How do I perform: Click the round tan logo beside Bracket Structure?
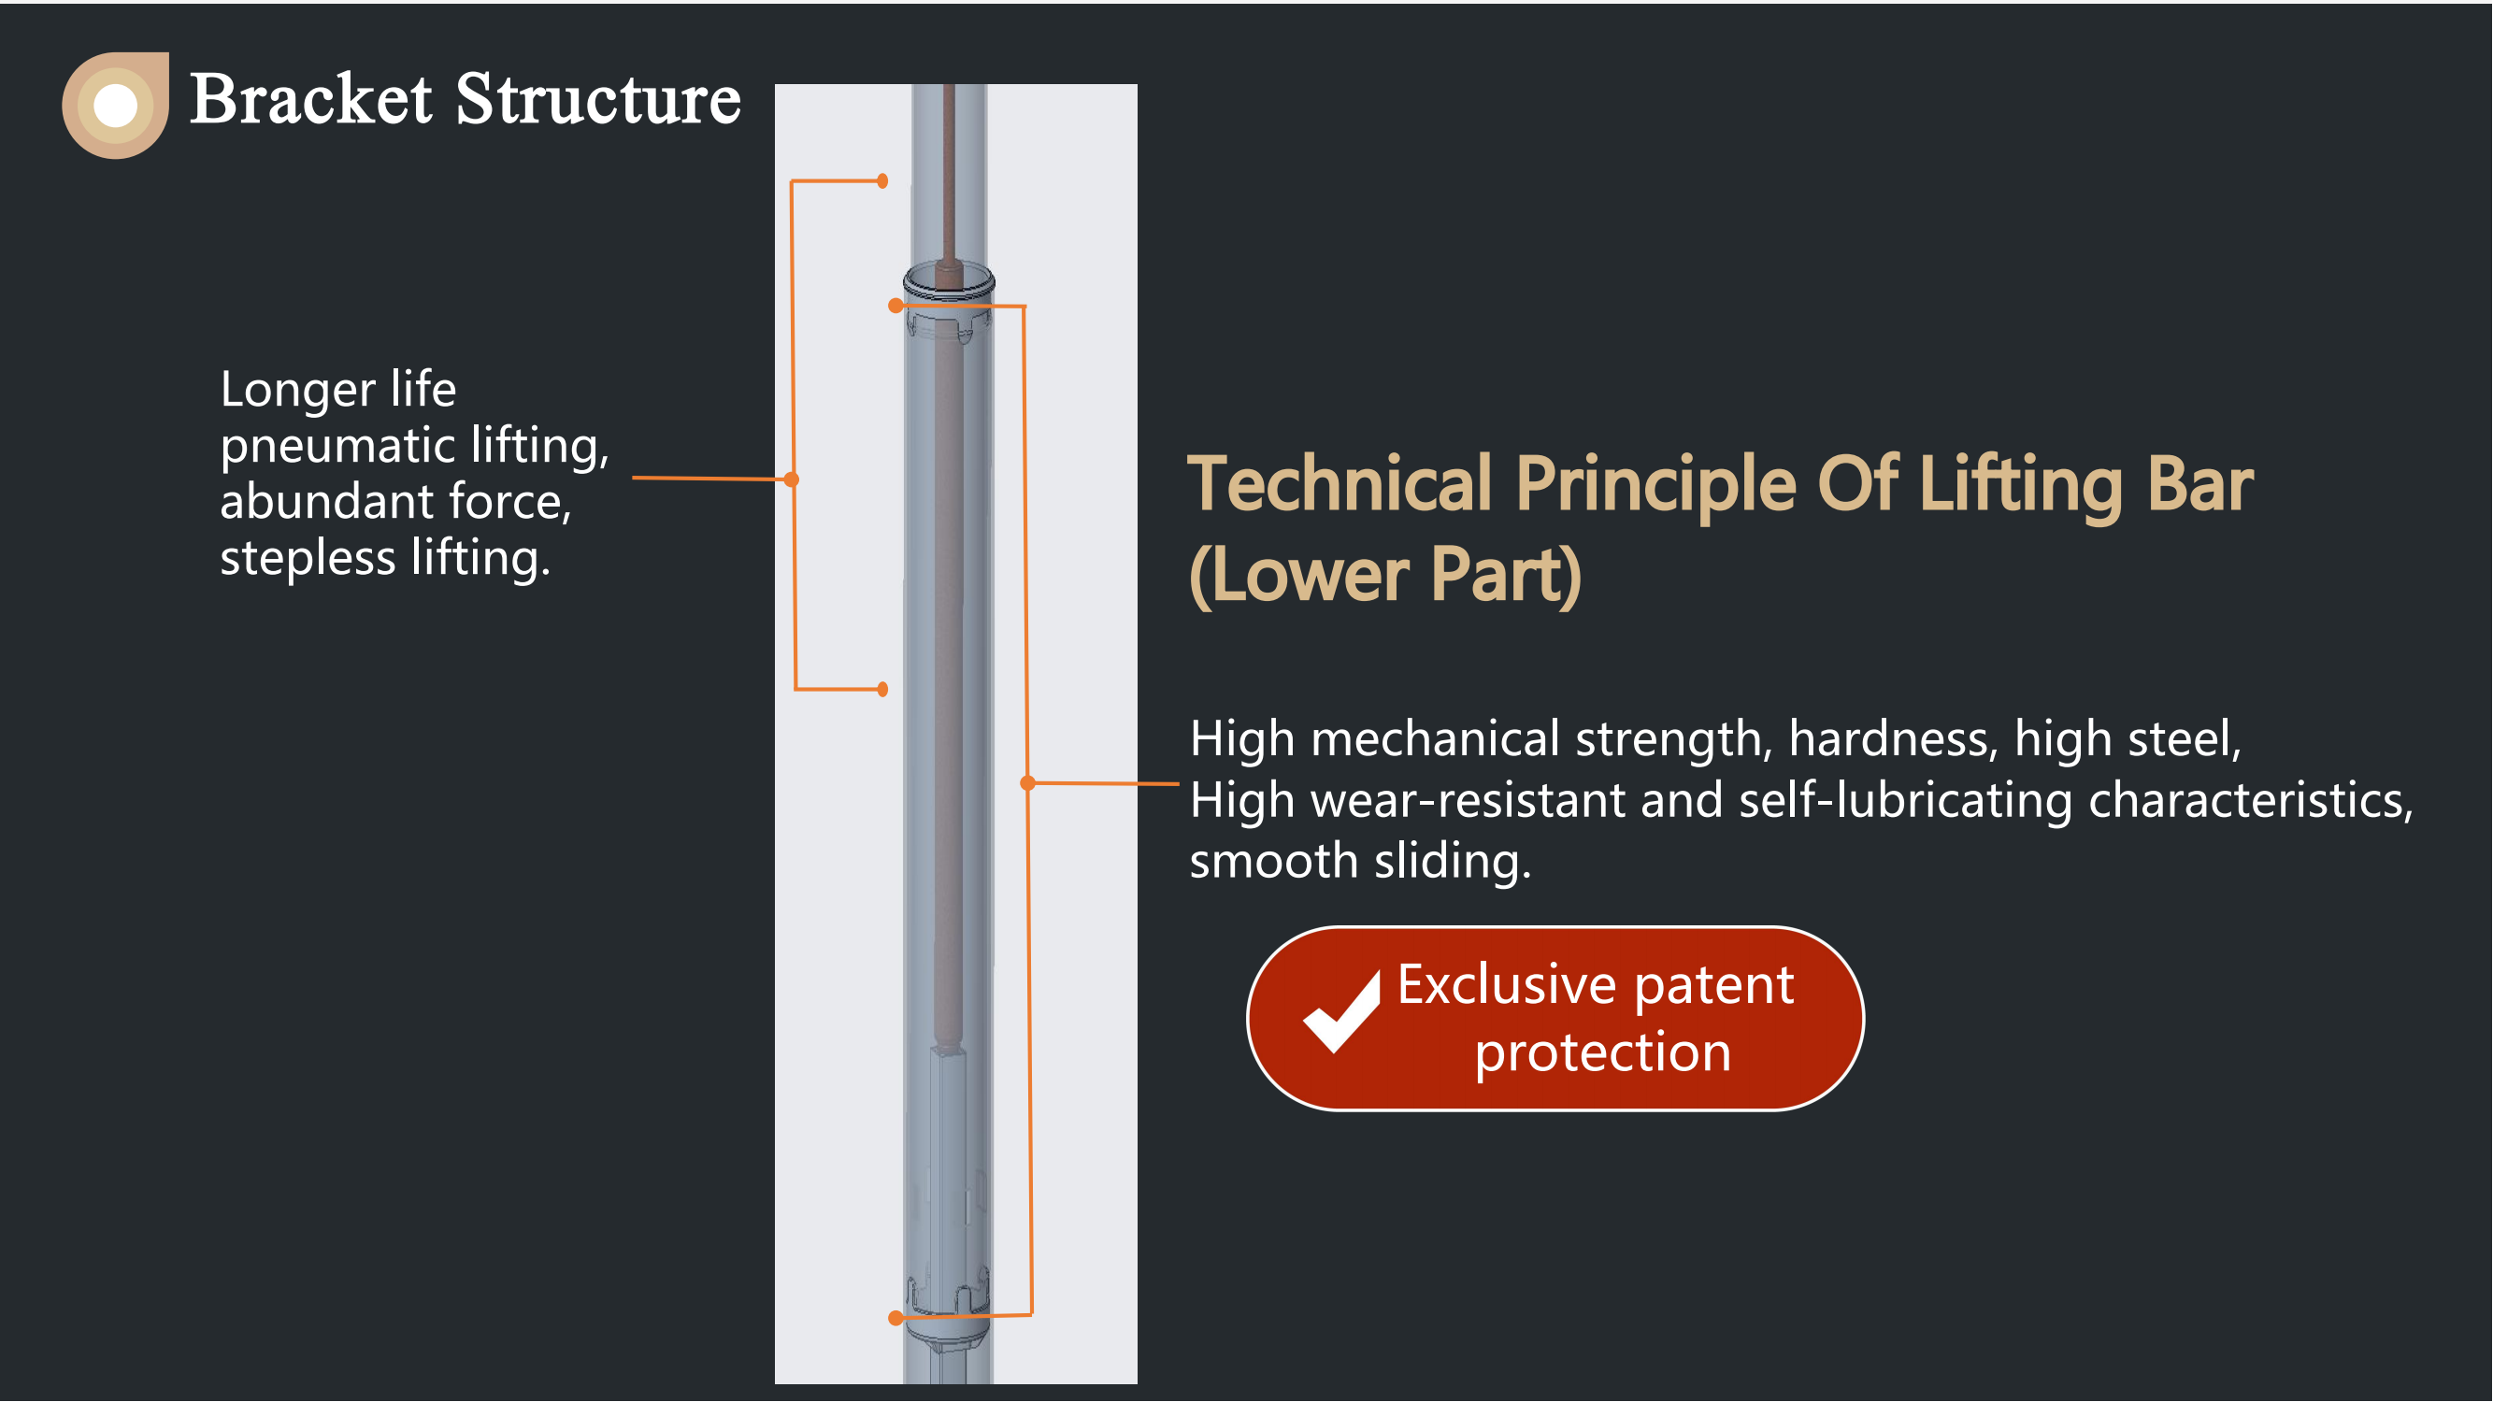click(x=116, y=105)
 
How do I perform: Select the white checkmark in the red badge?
click(x=1341, y=1012)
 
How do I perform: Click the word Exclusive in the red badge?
click(x=1507, y=985)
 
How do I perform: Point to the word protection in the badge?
click(x=1602, y=1053)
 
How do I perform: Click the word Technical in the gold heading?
click(x=1340, y=484)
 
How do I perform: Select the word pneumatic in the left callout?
click(x=337, y=447)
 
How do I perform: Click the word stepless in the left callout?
click(x=308, y=559)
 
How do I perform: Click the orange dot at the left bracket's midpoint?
click(x=792, y=479)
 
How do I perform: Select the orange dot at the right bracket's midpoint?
click(x=1028, y=782)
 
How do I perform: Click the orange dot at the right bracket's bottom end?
click(x=895, y=1318)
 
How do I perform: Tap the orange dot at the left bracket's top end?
click(x=882, y=181)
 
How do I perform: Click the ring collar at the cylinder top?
click(x=949, y=281)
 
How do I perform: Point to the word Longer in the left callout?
click(x=298, y=390)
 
